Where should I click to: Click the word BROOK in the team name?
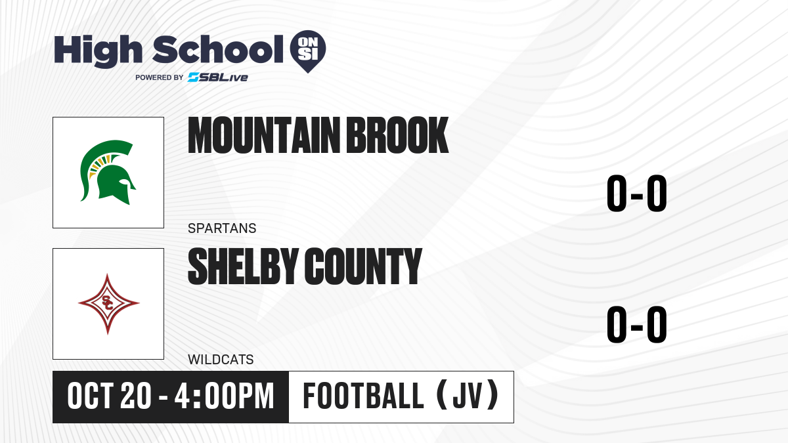pos(397,135)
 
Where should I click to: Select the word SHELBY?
pos(243,266)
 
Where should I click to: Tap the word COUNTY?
pos(363,266)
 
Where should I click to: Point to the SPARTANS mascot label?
pos(222,228)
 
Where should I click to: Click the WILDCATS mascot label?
pos(221,360)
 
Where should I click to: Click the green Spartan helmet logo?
pos(108,172)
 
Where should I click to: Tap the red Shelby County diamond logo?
pos(108,304)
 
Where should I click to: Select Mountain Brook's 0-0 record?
pos(637,194)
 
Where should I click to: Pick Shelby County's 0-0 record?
pos(637,324)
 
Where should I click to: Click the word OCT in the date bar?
pos(90,396)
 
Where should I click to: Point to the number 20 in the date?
pos(136,396)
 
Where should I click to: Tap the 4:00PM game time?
pos(224,396)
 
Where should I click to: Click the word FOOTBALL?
pos(363,396)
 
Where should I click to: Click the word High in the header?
pos(98,51)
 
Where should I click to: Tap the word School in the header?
pos(218,49)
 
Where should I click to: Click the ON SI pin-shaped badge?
pos(308,51)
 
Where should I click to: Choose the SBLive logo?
pos(218,77)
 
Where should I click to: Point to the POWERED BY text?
pos(160,77)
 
